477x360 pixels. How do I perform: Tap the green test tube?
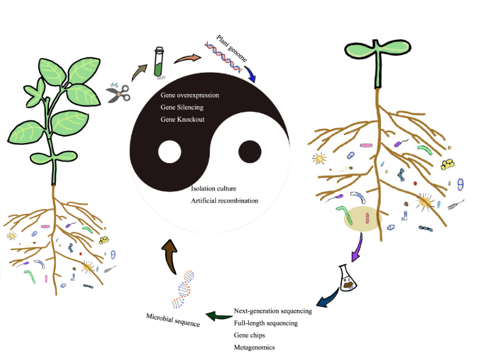point(160,63)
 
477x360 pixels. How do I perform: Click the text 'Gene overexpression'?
point(190,96)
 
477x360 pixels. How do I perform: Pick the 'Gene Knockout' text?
point(182,119)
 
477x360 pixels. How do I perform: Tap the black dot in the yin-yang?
point(250,151)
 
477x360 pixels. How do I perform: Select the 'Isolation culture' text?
point(214,189)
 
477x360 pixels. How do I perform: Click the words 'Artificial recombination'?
point(224,200)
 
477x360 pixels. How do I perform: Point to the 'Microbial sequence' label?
point(173,319)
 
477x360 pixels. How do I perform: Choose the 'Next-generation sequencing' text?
point(273,310)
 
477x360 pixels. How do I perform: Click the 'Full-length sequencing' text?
point(266,323)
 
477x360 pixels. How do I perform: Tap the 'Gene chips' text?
point(249,335)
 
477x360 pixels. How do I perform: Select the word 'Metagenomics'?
point(254,347)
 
